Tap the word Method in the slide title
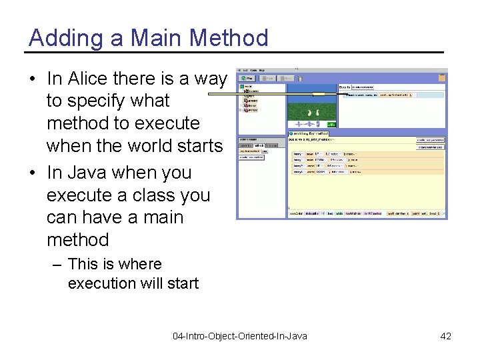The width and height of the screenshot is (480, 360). (x=229, y=38)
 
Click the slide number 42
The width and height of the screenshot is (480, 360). (x=445, y=336)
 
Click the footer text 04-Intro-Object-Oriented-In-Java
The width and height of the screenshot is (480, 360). (x=240, y=336)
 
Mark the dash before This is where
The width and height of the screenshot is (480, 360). (x=58, y=264)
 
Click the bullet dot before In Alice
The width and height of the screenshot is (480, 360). (x=32, y=79)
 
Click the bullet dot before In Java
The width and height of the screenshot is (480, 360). (x=32, y=173)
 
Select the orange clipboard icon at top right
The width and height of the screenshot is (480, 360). (x=441, y=77)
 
